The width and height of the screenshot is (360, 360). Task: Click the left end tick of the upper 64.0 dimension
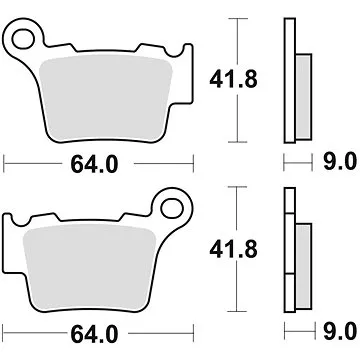click(x=6, y=158)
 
